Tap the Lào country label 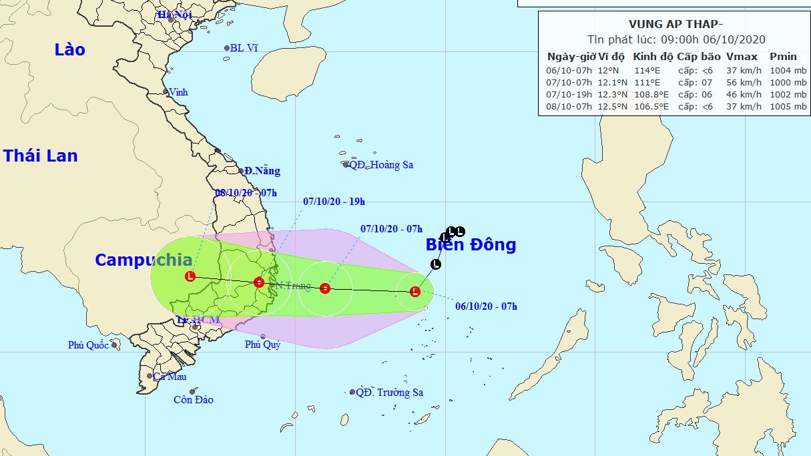point(70,49)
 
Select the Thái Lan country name point(40,156)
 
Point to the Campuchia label point(144,260)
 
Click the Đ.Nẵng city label point(262,171)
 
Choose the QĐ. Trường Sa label point(389,393)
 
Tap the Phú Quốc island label point(88,345)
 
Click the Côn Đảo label point(193,400)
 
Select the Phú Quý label point(262,345)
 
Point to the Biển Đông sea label point(471,245)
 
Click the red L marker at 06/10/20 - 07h point(415,291)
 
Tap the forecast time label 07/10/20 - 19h point(334,200)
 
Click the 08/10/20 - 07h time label point(246,193)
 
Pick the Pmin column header point(783,56)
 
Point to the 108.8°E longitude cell point(652,94)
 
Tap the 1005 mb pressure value point(788,106)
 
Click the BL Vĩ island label point(244,48)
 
